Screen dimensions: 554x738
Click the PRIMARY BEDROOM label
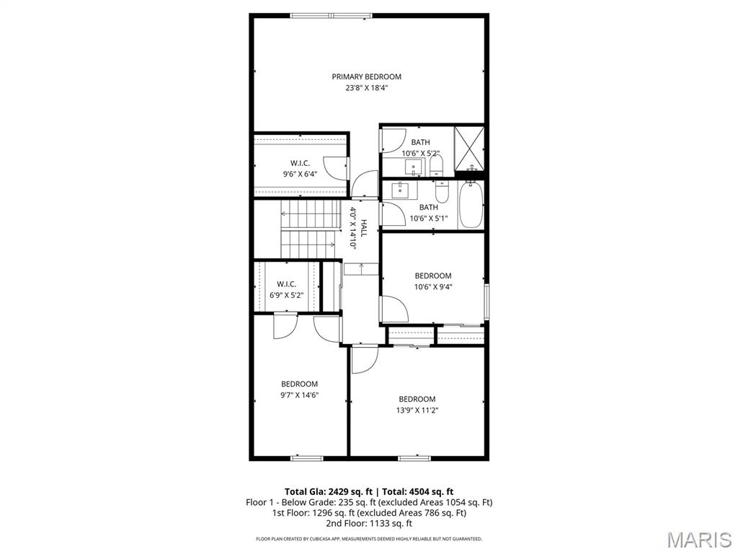(x=366, y=76)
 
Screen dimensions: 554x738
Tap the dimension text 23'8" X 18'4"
(x=366, y=88)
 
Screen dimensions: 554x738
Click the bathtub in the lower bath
(x=471, y=205)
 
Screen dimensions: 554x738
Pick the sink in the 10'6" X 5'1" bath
(x=400, y=190)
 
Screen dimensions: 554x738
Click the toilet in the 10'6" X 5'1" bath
(x=443, y=191)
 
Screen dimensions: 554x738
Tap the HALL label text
(x=364, y=229)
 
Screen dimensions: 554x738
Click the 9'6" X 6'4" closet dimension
(x=300, y=174)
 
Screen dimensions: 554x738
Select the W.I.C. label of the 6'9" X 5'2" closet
(x=286, y=283)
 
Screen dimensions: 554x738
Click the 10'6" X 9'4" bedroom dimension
(x=432, y=286)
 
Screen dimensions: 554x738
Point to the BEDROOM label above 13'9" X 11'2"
(x=417, y=399)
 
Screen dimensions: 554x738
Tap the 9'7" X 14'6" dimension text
(x=299, y=395)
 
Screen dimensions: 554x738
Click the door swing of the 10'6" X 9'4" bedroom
(x=393, y=310)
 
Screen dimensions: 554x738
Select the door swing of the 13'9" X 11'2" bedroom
(x=363, y=361)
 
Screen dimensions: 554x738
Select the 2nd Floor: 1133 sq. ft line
(x=368, y=523)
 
